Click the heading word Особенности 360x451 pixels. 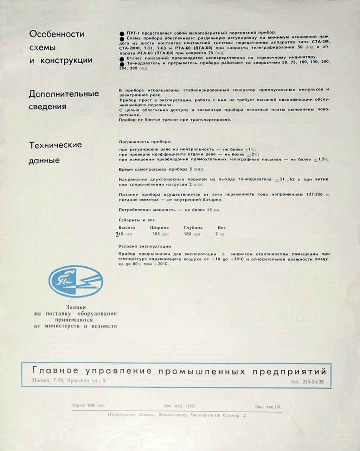coord(57,34)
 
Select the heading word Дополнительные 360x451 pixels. coord(64,94)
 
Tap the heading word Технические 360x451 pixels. coord(55,145)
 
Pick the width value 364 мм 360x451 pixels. coord(160,234)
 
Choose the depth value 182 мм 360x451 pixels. coord(192,234)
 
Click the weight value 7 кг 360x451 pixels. coord(220,234)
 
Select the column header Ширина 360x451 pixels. coord(159,228)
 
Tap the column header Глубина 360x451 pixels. coord(193,228)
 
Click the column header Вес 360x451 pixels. coord(221,228)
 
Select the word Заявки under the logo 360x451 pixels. coord(76,307)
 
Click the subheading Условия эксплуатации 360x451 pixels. coord(145,247)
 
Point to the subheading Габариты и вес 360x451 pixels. coord(137,220)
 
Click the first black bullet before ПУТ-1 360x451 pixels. coord(122,32)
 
